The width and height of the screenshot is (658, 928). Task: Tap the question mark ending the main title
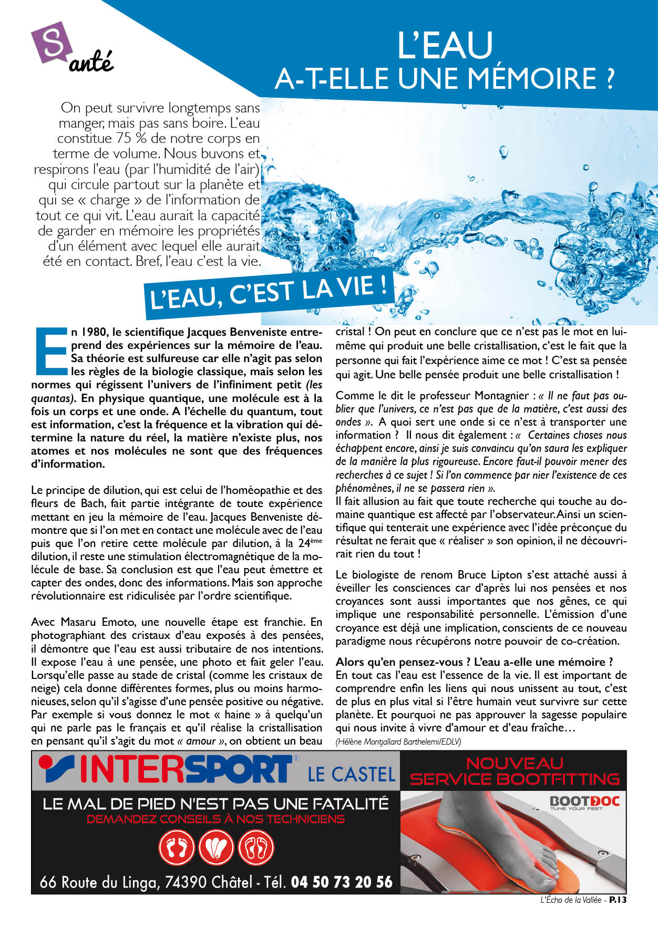point(608,78)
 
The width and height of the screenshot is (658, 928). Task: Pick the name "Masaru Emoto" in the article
point(90,622)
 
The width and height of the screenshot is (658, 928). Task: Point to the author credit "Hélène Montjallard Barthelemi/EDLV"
point(398,741)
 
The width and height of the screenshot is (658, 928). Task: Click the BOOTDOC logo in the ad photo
point(584,802)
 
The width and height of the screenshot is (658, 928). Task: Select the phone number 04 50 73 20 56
point(341,882)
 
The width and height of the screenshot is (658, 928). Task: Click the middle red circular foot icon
point(216,847)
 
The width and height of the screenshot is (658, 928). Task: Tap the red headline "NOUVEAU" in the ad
point(515,763)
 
